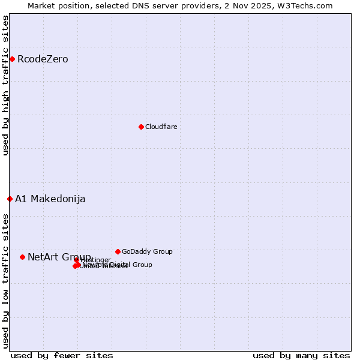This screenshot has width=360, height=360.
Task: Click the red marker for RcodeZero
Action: pyautogui.click(x=12, y=59)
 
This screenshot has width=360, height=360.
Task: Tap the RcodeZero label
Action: pyautogui.click(x=43, y=59)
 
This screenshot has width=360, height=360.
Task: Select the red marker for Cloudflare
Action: pyautogui.click(x=141, y=127)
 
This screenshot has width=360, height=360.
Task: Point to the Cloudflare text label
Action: pyautogui.click(x=161, y=127)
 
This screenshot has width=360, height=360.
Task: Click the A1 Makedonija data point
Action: pyautogui.click(x=10, y=199)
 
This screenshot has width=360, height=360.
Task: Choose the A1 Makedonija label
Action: pyautogui.click(x=50, y=199)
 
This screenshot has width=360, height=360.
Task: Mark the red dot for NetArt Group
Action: pyautogui.click(x=22, y=257)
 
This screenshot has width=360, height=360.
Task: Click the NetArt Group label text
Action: pyautogui.click(x=59, y=257)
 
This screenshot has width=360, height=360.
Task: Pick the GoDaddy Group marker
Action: pyautogui.click(x=118, y=251)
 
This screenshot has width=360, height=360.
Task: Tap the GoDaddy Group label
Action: pyautogui.click(x=147, y=251)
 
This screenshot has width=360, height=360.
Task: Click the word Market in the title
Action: pyautogui.click(x=41, y=5)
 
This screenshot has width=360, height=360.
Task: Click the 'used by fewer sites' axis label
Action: pyautogui.click(x=62, y=355)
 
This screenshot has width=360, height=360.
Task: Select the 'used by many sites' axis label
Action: pyautogui.click(x=301, y=355)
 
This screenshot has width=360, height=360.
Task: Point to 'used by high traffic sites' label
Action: pyautogui.click(x=5, y=85)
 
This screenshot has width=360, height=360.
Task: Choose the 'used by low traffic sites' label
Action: pyautogui.click(x=5, y=280)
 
